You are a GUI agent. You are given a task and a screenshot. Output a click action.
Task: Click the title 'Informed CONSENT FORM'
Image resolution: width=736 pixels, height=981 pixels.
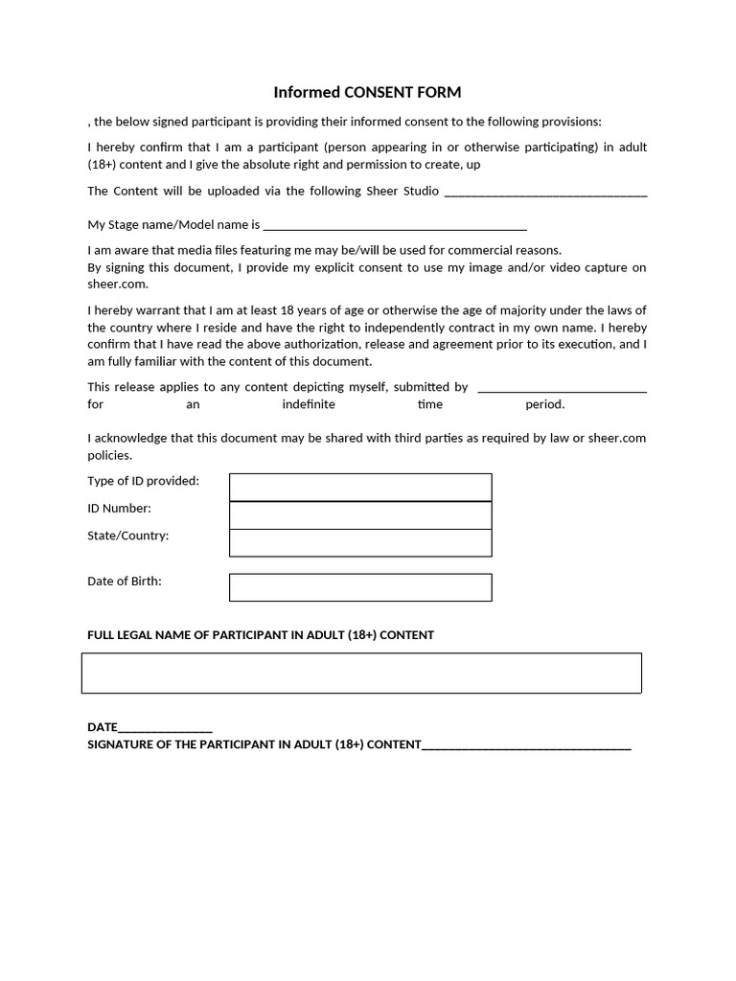367,93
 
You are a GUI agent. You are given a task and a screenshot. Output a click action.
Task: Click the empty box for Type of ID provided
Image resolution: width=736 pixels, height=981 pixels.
360,487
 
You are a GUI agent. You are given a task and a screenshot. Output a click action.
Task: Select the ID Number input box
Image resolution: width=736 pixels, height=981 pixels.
360,514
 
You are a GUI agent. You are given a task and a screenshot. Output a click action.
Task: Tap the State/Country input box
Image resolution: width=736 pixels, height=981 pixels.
360,542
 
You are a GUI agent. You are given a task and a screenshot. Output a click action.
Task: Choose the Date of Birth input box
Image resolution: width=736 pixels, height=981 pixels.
360,587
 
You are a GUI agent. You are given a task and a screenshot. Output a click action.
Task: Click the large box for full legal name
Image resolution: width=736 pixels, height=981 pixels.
361,673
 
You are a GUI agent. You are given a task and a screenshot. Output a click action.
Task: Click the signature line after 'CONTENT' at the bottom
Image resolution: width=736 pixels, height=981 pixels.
526,745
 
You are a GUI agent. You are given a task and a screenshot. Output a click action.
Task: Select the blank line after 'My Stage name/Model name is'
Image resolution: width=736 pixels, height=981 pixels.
394,226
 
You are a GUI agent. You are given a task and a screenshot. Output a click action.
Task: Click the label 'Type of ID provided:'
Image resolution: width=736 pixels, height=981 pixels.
144,481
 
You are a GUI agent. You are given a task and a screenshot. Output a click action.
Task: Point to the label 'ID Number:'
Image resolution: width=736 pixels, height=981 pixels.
119,509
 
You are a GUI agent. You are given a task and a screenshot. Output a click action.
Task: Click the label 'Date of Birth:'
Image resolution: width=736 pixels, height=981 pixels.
125,582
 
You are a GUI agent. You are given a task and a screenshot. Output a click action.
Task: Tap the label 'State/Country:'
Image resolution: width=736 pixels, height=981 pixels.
128,536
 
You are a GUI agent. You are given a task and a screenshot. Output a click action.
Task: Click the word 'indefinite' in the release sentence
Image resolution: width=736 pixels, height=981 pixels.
309,404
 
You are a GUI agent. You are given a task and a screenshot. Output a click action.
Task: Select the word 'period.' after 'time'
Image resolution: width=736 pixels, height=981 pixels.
544,404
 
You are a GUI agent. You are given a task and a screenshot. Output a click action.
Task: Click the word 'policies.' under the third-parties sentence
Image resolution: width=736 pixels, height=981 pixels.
110,455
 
